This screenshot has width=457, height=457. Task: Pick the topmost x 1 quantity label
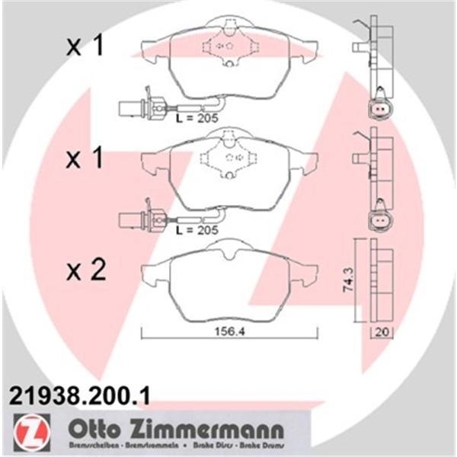85,47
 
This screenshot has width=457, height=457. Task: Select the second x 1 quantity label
85,159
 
